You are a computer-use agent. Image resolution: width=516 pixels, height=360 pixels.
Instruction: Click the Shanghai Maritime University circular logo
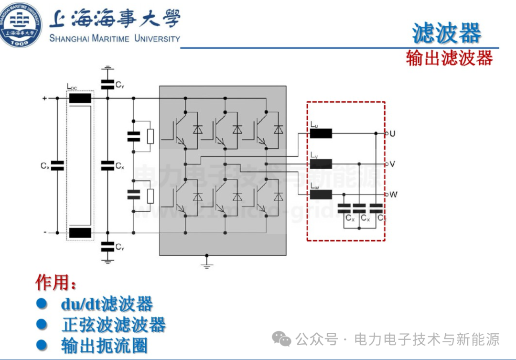click(20, 24)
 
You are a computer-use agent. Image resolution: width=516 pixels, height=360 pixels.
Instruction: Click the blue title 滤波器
click(446, 33)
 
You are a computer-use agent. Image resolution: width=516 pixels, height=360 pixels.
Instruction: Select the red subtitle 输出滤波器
click(449, 58)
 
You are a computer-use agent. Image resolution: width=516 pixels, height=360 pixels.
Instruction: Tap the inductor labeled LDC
click(80, 98)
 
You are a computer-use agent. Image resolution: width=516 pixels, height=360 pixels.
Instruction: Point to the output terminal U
click(392, 134)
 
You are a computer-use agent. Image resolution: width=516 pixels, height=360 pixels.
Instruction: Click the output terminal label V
click(392, 164)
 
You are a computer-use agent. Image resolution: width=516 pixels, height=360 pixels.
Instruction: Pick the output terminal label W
click(393, 195)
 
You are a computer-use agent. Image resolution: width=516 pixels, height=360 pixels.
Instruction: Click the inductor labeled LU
click(321, 133)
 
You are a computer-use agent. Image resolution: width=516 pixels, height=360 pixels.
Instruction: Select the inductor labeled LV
click(321, 164)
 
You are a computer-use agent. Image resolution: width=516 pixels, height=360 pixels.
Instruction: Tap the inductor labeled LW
click(321, 195)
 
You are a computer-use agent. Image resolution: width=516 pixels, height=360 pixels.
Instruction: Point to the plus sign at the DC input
click(44, 98)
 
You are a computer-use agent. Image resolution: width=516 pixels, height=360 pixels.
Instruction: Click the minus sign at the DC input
click(45, 232)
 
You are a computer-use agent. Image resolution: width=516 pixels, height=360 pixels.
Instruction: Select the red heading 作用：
click(55, 283)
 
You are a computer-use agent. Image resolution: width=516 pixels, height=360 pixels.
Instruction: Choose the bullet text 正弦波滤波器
click(114, 325)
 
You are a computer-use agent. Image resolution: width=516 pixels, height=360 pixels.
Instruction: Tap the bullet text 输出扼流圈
click(104, 346)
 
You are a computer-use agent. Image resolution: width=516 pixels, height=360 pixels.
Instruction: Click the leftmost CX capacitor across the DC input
click(57, 166)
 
